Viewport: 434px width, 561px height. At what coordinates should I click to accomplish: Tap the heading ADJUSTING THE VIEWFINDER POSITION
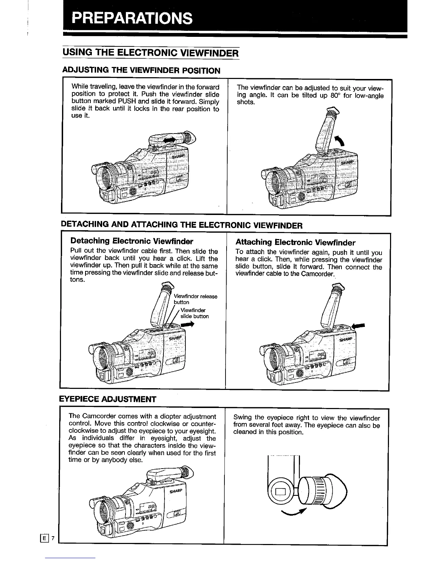(x=141, y=70)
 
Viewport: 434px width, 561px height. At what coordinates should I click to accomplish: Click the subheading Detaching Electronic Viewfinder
(x=132, y=241)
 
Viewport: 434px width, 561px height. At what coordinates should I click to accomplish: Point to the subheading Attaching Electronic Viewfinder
(x=295, y=243)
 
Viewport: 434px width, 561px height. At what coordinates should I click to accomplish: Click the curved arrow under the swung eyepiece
(x=294, y=511)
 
